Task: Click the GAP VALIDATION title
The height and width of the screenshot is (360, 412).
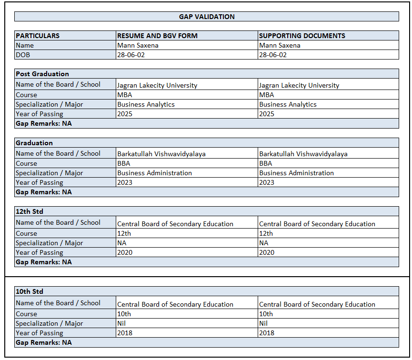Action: tap(207, 17)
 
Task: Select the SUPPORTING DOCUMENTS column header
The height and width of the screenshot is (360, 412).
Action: tap(302, 36)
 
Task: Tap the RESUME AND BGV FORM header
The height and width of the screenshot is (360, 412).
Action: tap(157, 36)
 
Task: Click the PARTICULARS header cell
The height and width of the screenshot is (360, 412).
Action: tap(38, 36)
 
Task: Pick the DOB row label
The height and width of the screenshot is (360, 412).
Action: tap(22, 55)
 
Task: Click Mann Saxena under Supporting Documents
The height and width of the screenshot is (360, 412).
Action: tap(280, 45)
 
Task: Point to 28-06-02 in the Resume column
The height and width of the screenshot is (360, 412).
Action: tap(131, 55)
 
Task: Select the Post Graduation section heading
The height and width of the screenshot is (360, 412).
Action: tap(42, 74)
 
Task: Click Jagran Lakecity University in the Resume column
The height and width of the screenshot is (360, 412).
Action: tap(157, 86)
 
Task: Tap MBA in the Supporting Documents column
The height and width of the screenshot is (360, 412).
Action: tap(267, 95)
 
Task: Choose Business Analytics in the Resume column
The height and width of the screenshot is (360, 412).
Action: tap(146, 104)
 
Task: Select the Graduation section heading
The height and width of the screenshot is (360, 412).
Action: tap(34, 143)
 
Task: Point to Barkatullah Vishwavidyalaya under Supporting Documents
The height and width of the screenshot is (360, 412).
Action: tap(303, 154)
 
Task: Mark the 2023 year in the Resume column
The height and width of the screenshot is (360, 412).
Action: tap(125, 182)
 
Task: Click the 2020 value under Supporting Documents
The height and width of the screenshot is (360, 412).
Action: tap(267, 252)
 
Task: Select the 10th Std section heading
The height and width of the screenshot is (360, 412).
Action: tap(30, 291)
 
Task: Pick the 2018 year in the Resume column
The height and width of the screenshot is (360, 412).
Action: tap(125, 333)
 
